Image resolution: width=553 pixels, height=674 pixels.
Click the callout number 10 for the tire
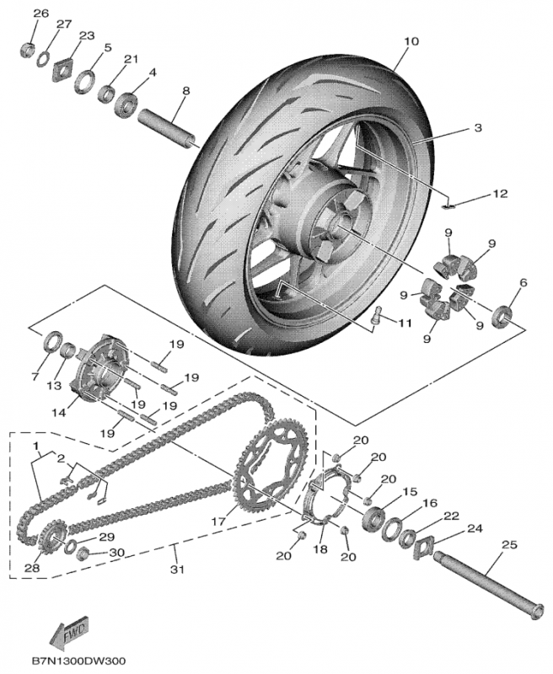point(411,40)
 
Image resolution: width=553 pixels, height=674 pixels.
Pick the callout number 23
point(87,35)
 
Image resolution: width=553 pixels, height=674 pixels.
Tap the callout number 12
point(500,193)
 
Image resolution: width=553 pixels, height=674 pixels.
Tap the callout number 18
point(319,549)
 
